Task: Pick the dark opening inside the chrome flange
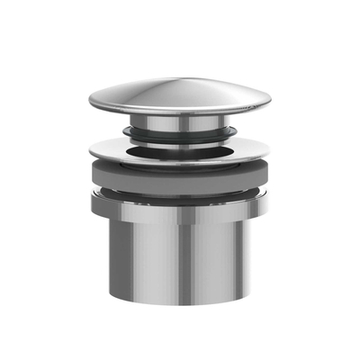180,147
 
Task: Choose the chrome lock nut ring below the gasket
180,210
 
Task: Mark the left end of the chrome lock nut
91,202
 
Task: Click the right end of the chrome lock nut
269,202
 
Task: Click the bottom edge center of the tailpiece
180,307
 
